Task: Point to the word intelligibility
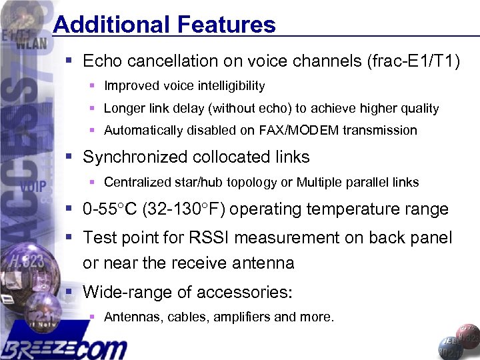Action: tap(227, 86)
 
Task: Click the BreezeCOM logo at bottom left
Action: tap(63, 347)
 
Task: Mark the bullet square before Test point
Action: tap(69, 237)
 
